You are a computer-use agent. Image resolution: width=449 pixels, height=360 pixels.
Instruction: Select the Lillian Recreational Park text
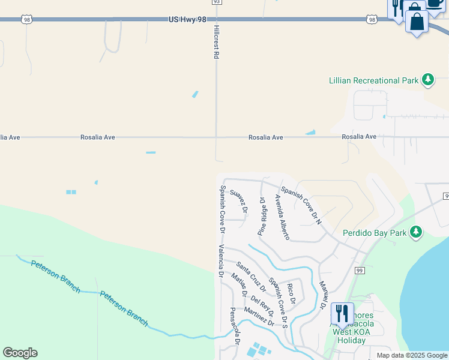(373, 80)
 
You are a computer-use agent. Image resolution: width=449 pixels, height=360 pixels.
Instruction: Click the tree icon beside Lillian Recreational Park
(427, 80)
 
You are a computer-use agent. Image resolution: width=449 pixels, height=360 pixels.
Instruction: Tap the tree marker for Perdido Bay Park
(415, 232)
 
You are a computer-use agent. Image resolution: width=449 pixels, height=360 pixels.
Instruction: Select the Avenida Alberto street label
(282, 217)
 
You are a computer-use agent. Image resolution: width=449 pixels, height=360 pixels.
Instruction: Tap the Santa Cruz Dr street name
(251, 276)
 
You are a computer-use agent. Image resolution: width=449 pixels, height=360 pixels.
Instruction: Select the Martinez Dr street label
(259, 317)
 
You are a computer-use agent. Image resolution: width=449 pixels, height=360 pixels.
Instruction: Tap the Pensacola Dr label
(235, 326)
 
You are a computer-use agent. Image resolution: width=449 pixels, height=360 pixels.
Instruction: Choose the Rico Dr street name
(291, 293)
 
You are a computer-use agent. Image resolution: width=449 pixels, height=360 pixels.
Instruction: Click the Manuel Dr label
(322, 294)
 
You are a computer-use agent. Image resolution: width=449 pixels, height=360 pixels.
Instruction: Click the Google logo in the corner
(20, 353)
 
